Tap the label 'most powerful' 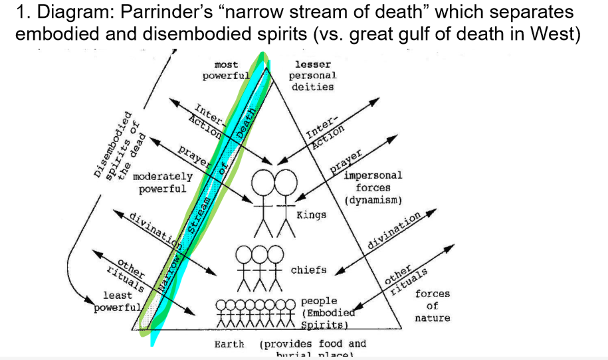pos(227,70)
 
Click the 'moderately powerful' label pos(162,183)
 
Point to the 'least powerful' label pos(117,301)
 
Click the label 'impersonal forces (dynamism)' pos(373,188)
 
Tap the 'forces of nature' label pos(432,306)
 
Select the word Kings pos(311,215)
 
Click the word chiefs pos(308,270)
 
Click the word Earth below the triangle pos(229,344)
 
